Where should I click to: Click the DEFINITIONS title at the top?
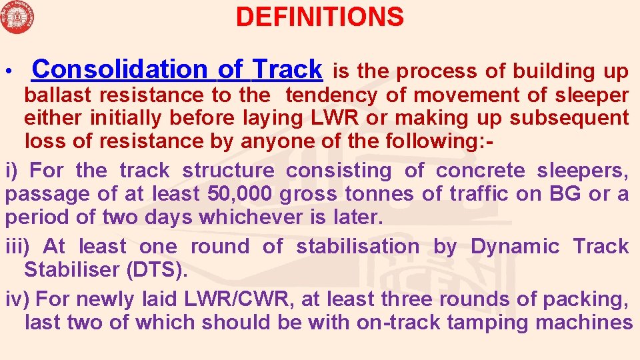319,17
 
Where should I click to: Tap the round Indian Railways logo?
17,17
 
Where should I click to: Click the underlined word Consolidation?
120,69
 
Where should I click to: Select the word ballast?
55,95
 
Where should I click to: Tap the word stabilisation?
357,247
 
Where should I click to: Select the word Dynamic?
515,247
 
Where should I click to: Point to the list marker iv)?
16,299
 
